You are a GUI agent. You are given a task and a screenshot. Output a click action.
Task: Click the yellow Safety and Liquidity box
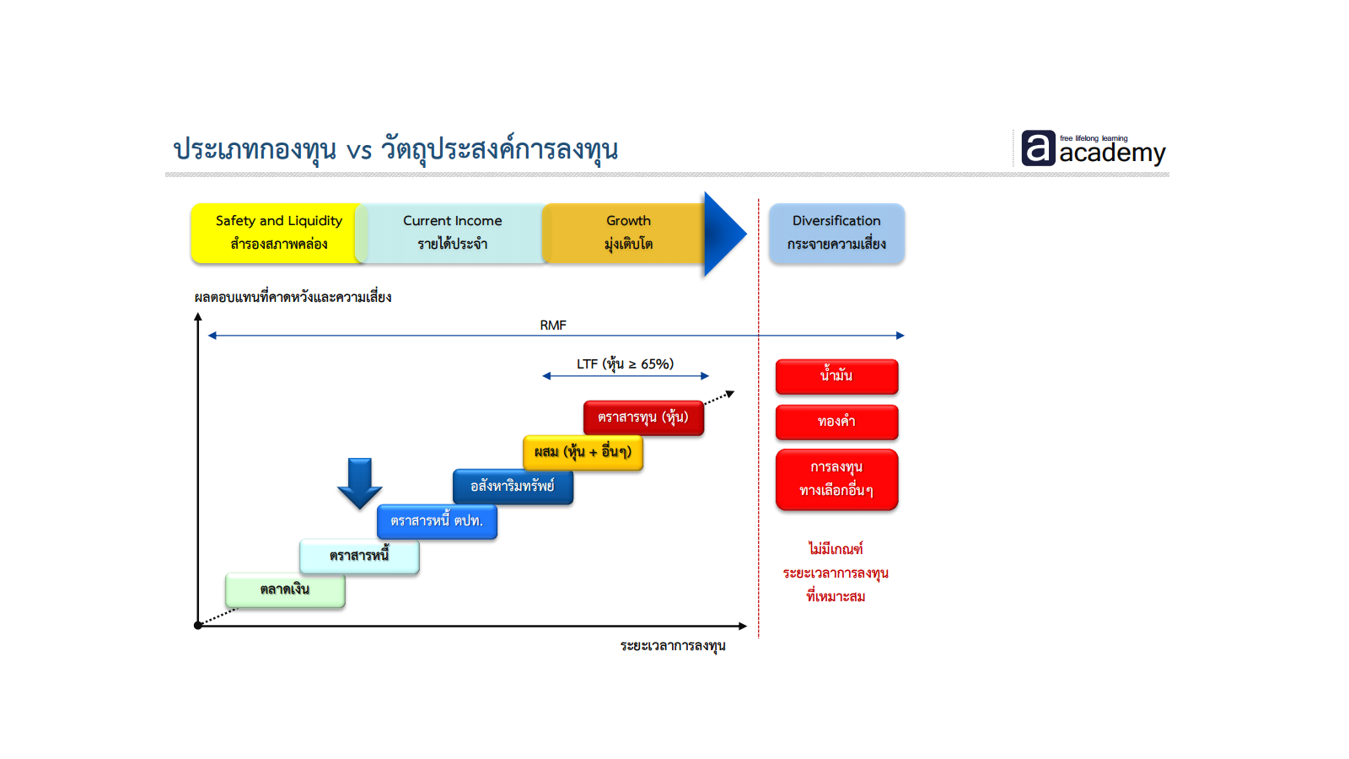(278, 233)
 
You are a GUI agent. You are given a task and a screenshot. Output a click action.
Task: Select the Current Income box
(452, 233)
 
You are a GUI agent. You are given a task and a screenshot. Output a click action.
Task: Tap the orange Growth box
(628, 233)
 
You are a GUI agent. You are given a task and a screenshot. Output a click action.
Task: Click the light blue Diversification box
(836, 233)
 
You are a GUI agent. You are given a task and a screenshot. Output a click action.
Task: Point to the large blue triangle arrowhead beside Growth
(722, 234)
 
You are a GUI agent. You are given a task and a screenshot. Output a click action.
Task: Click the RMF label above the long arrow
(553, 325)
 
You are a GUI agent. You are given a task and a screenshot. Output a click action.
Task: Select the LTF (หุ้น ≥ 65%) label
(625, 363)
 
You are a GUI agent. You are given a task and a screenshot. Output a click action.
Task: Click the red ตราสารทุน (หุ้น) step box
(643, 417)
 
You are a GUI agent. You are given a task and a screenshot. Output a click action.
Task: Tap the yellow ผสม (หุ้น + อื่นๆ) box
(583, 452)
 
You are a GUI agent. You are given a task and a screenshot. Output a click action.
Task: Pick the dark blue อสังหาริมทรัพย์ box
(513, 487)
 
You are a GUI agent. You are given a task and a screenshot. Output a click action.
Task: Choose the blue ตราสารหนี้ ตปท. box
(437, 521)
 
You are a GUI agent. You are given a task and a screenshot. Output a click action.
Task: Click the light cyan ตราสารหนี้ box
(359, 556)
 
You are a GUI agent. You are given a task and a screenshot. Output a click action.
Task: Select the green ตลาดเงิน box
(285, 589)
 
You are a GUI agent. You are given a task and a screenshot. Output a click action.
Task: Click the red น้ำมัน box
(836, 376)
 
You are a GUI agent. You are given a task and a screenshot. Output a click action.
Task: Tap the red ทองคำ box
(836, 422)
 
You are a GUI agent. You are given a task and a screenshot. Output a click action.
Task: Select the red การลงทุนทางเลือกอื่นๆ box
(836, 479)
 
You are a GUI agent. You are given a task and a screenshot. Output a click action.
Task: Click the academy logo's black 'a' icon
(1038, 148)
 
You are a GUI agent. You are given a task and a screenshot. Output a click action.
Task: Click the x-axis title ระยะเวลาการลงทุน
(673, 646)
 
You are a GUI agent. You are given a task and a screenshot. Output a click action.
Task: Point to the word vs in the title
(359, 151)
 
